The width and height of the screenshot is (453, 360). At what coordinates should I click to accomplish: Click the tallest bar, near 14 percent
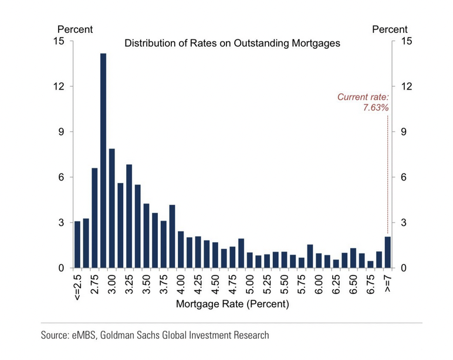[x=103, y=161]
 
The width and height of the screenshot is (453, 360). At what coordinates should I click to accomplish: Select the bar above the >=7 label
[x=388, y=252]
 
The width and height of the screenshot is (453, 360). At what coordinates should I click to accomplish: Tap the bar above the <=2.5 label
[x=77, y=244]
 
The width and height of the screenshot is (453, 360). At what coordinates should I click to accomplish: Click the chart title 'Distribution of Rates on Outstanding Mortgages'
[x=232, y=43]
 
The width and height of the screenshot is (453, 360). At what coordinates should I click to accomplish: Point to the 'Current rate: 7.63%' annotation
[x=363, y=102]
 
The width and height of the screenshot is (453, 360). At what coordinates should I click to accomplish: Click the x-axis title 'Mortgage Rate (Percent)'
[x=232, y=304]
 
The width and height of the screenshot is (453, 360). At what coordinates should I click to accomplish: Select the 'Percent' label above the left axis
[x=75, y=29]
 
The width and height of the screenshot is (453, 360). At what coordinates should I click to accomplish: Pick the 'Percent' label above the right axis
[x=390, y=29]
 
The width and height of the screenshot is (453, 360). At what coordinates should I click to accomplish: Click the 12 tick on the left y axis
[x=59, y=86]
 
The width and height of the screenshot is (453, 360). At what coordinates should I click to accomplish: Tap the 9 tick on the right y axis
[x=404, y=132]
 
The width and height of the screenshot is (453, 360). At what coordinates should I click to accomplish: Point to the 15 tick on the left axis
[x=59, y=41]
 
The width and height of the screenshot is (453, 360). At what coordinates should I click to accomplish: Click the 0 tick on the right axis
[x=404, y=268]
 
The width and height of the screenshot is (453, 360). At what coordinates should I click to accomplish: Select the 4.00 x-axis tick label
[x=181, y=284]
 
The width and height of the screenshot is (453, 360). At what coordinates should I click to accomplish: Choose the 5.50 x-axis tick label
[x=284, y=284]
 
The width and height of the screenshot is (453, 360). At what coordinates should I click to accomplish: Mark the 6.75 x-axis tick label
[x=371, y=284]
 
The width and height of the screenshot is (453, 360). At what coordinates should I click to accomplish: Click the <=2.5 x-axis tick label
[x=77, y=287]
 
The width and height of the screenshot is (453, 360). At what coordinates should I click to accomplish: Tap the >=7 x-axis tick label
[x=388, y=284]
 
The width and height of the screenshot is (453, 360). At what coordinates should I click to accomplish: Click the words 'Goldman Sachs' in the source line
[x=130, y=335]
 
